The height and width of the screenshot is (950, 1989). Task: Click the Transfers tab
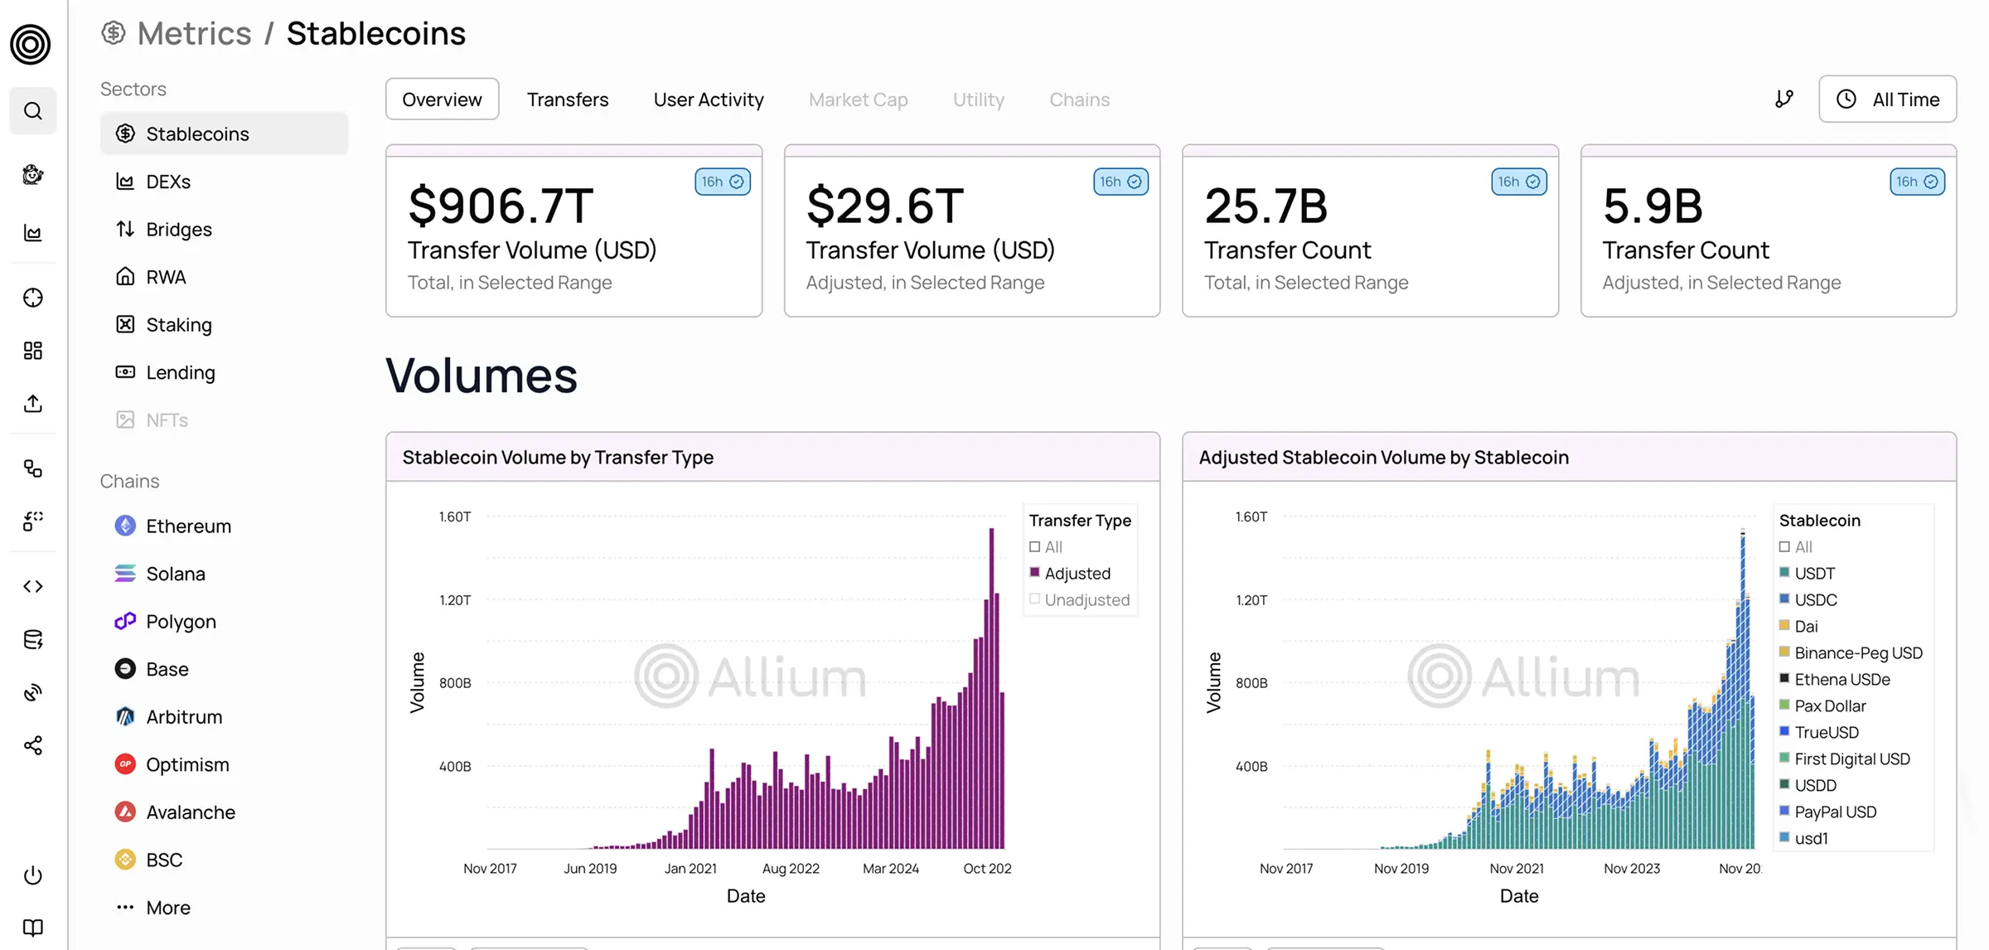[x=567, y=99]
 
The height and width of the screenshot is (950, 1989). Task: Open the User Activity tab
[x=708, y=99]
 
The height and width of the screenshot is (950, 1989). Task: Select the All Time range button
[x=1887, y=99]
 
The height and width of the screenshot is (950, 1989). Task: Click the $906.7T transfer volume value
[x=501, y=206]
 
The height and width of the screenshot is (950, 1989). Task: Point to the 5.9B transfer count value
[x=1652, y=206]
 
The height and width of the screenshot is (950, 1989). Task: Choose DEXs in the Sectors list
[x=168, y=182]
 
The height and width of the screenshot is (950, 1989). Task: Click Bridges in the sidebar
[x=178, y=230]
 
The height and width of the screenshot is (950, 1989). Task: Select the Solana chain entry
[x=175, y=574]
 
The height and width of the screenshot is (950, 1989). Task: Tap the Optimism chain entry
[x=186, y=764]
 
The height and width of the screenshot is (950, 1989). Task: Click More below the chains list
[x=167, y=908]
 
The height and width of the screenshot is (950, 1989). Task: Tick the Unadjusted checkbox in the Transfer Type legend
[x=1034, y=599]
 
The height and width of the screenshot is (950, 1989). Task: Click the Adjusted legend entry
[x=1077, y=574]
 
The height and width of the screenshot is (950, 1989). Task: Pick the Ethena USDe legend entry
[x=1841, y=680]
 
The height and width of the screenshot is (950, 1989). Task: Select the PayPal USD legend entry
[x=1835, y=812]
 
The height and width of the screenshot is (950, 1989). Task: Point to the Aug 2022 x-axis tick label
[x=791, y=869]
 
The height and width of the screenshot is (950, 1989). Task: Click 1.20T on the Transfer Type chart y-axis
[x=455, y=600]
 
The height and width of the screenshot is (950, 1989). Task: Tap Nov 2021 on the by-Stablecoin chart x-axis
[x=1516, y=869]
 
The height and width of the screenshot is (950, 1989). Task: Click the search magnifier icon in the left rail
[x=33, y=111]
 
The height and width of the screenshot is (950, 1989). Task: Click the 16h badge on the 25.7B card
[x=1518, y=182]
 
